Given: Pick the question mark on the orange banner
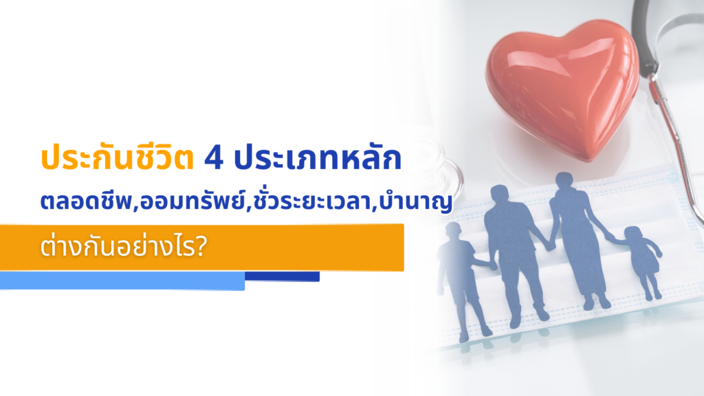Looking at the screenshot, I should [203, 246].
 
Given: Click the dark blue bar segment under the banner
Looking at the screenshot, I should [282, 276].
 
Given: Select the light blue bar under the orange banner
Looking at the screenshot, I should [122, 280].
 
